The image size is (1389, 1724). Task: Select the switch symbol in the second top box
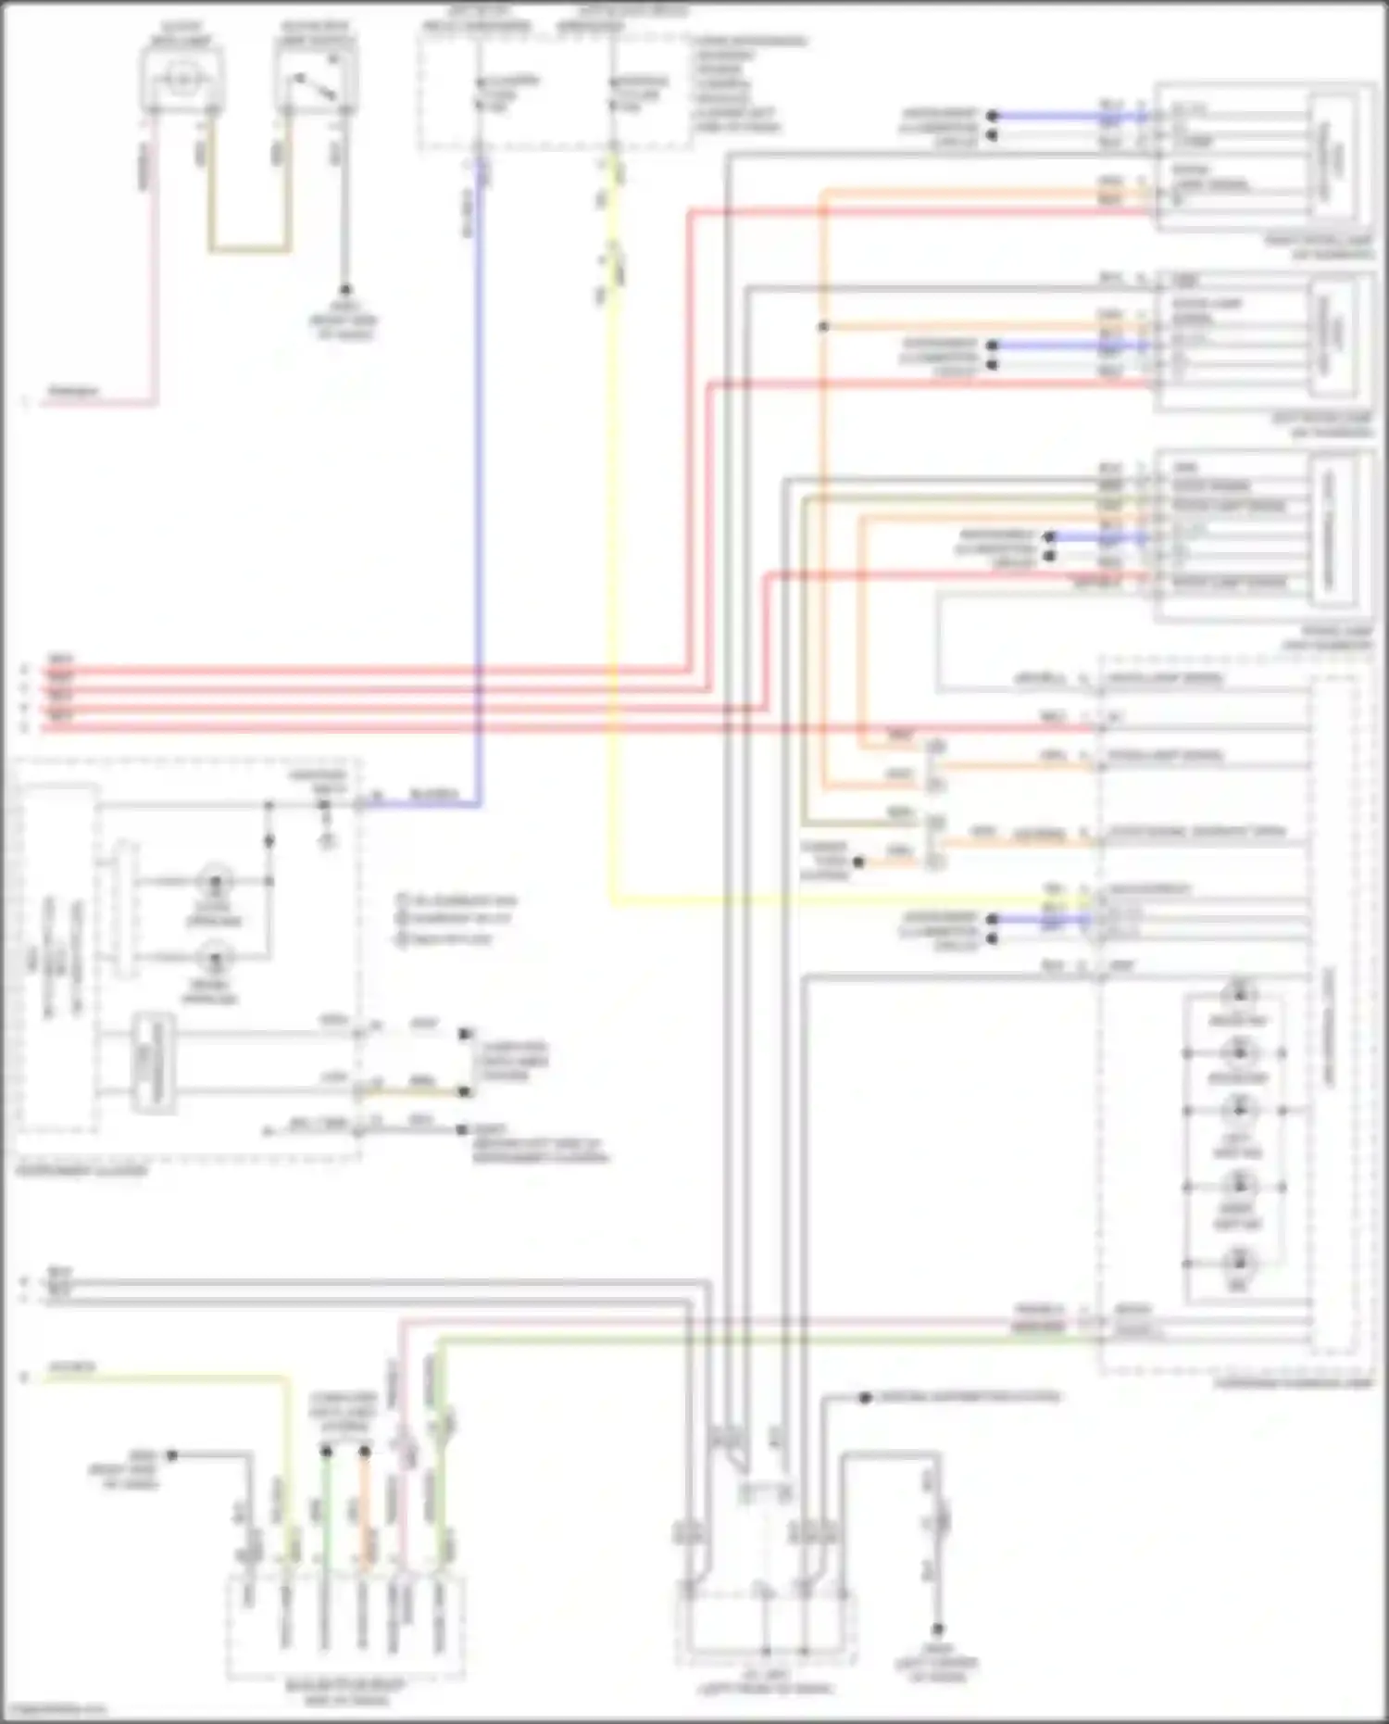(315, 83)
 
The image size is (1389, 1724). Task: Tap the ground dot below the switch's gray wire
(344, 290)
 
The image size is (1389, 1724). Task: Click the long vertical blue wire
(479, 463)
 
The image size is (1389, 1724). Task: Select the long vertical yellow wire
(612, 556)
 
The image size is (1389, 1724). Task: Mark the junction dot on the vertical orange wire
(823, 327)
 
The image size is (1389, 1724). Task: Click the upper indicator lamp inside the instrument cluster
(217, 879)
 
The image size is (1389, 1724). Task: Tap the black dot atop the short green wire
(326, 1452)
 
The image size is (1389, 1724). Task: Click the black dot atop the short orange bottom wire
(365, 1452)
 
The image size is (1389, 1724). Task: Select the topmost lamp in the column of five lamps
(1238, 995)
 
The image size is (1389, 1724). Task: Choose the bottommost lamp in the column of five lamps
(1238, 1263)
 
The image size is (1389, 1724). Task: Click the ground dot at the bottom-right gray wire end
(938, 1629)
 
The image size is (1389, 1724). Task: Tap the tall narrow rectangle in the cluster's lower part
(154, 1063)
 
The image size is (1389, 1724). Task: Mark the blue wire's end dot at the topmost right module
(992, 117)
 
